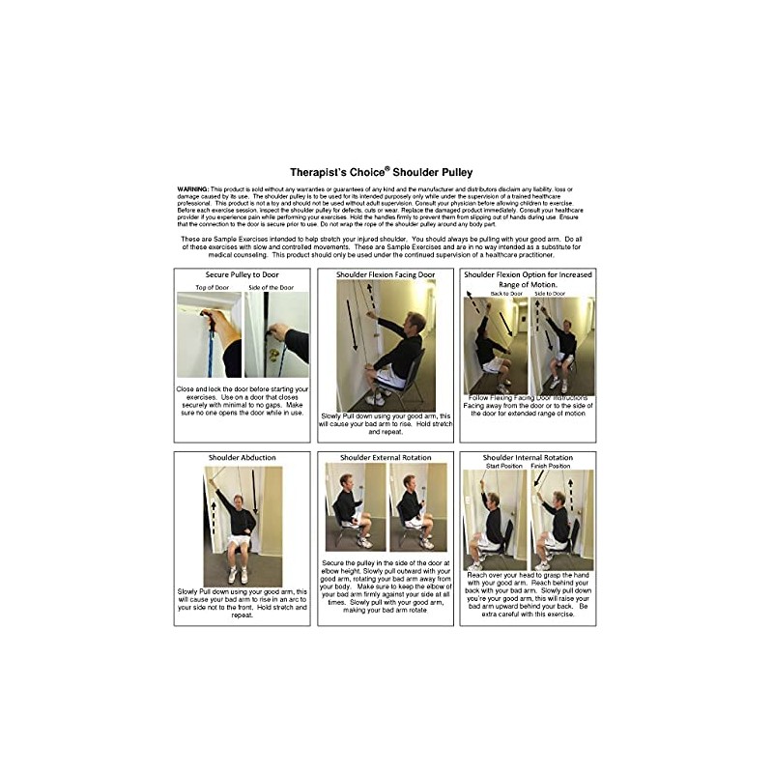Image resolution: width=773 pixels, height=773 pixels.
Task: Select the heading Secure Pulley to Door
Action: coord(242,275)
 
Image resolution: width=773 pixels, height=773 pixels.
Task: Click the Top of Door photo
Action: coord(209,334)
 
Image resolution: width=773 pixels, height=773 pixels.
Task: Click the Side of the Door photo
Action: coord(277,334)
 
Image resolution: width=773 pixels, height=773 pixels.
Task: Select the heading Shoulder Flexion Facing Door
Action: coord(386,275)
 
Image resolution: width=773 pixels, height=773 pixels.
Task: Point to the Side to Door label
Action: coord(559,293)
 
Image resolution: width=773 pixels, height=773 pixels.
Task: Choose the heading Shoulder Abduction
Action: coord(242,457)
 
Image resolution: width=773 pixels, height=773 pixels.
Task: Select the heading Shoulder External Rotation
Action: coord(386,457)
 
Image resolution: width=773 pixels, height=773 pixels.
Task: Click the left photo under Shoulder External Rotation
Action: coord(354,507)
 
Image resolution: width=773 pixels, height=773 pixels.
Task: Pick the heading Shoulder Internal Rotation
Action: coord(528,457)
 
